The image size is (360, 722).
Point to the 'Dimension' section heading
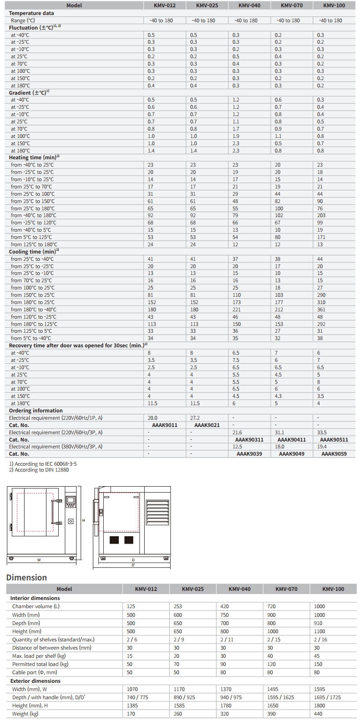pos(26,577)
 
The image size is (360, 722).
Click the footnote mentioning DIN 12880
pos(39,470)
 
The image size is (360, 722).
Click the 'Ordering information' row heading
pos(36,411)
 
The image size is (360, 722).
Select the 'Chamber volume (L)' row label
pos(35,606)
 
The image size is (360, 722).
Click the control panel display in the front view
pos(71,501)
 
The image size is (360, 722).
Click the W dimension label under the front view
pos(39,560)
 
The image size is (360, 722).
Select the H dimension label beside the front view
pos(84,520)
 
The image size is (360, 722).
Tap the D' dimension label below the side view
pos(133,565)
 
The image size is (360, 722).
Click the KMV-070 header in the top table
pos(290,5)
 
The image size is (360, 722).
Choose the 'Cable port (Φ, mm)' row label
pos(35,672)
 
